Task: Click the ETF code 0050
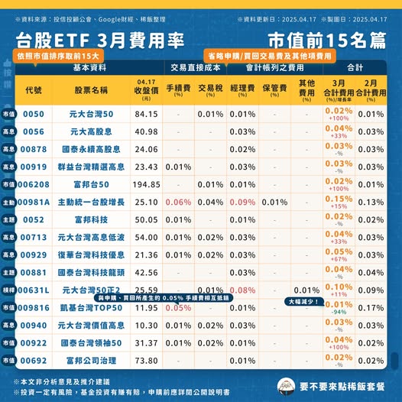(34, 114)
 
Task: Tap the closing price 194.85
(146, 184)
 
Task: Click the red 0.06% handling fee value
(178, 202)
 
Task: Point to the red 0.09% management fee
(242, 202)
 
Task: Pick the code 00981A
(34, 202)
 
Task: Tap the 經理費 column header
(242, 88)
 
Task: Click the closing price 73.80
(146, 360)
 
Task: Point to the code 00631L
(34, 290)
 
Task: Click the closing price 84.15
(146, 114)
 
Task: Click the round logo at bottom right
(286, 387)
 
